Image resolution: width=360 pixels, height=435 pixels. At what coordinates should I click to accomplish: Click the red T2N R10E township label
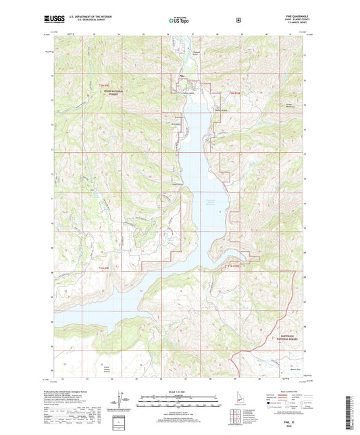tap(235, 92)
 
